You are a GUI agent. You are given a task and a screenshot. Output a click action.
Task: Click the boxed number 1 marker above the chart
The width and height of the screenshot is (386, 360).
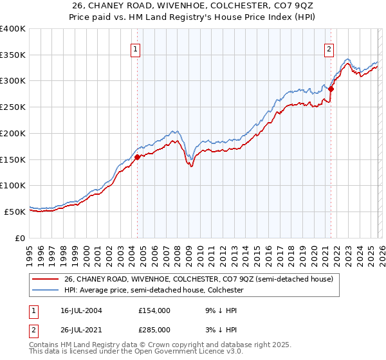coord(136,49)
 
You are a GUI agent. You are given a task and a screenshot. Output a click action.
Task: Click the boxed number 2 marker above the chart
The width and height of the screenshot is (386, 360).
coord(329,49)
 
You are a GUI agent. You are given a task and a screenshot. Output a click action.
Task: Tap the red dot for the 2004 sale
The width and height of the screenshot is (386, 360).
coord(137,156)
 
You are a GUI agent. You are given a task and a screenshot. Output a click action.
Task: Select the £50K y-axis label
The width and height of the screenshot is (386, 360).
coord(15,212)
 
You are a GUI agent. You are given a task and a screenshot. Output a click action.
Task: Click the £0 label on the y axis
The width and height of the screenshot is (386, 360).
coord(21,238)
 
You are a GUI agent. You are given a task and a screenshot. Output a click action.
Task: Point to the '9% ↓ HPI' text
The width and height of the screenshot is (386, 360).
coord(221,310)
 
